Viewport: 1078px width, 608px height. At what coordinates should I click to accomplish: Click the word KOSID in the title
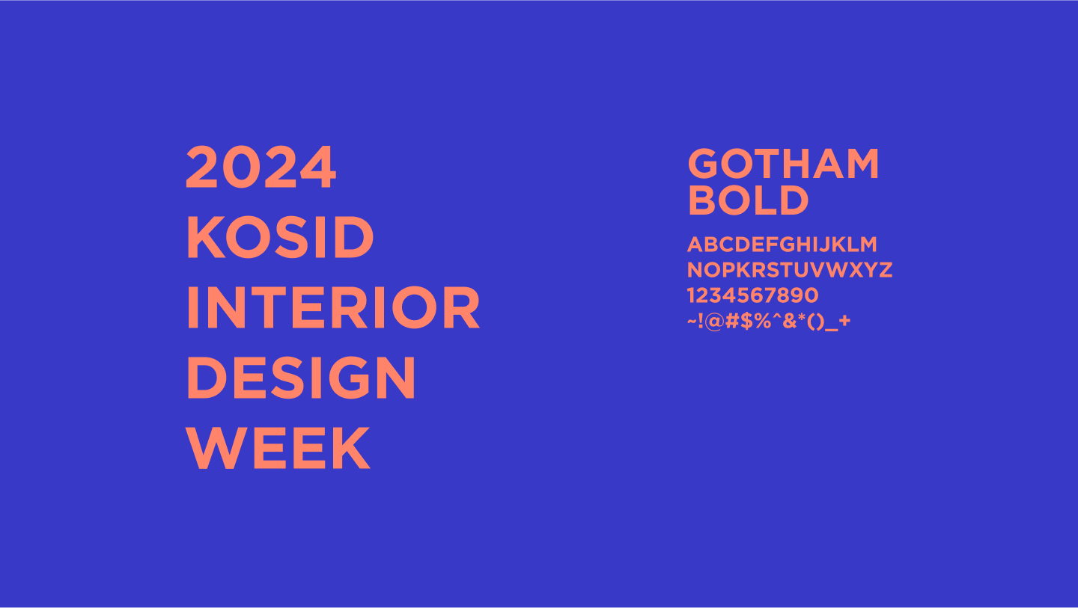(x=280, y=237)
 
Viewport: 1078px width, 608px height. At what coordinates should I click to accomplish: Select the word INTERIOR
(x=333, y=307)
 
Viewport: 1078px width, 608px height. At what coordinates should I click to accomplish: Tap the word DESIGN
(x=301, y=378)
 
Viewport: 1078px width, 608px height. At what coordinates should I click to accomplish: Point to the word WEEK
(x=278, y=448)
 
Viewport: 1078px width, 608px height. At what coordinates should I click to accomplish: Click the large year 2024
(x=261, y=168)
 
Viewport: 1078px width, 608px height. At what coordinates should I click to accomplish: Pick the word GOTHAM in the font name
(x=784, y=164)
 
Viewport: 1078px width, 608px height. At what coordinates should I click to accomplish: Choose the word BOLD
(x=749, y=200)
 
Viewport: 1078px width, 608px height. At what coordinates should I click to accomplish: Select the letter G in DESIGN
(x=348, y=378)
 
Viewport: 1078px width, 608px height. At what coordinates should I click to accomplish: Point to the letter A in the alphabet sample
(x=696, y=245)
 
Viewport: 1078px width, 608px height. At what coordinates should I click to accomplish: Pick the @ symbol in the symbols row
(x=715, y=321)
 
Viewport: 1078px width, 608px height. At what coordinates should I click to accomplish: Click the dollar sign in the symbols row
(x=746, y=321)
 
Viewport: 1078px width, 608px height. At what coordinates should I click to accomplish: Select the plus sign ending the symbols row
(x=844, y=321)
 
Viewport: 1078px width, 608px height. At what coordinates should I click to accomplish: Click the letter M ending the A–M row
(x=868, y=245)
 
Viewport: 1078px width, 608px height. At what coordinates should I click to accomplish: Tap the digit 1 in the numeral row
(x=691, y=295)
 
